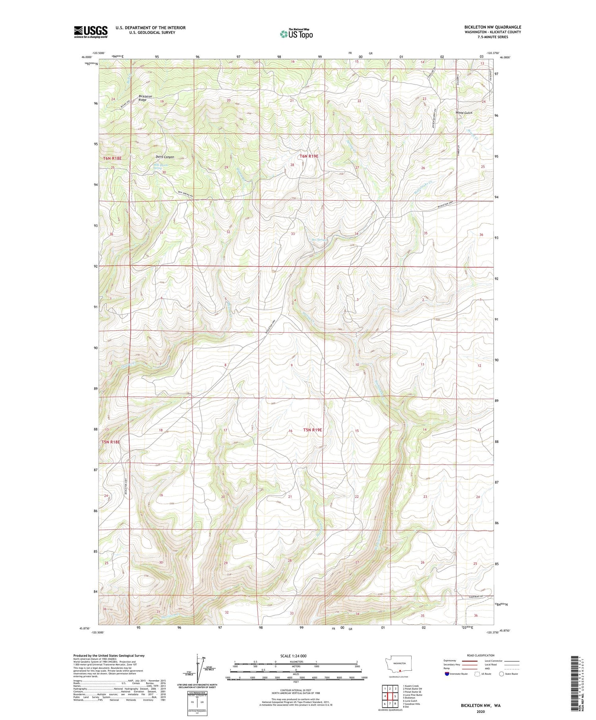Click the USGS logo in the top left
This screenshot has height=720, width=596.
tap(91, 32)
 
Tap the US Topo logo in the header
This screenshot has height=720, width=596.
tap(296, 35)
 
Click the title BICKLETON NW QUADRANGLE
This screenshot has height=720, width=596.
tap(487, 27)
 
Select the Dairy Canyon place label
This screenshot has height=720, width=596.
tap(165, 157)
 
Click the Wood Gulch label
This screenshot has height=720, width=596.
tap(464, 113)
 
